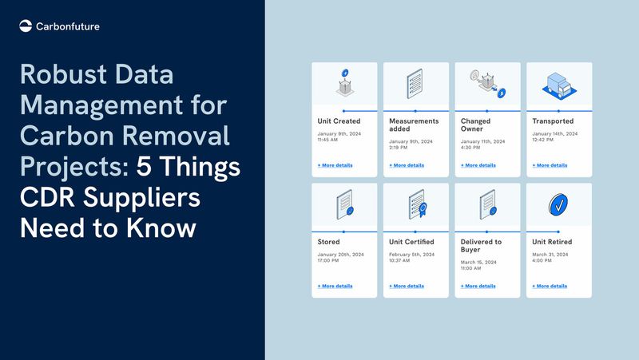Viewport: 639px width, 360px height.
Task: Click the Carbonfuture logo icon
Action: pyautogui.click(x=26, y=26)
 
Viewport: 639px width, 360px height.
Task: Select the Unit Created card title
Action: pyautogui.click(x=339, y=121)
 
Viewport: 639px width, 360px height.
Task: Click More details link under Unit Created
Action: pyautogui.click(x=335, y=165)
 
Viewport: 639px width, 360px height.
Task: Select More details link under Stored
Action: pyautogui.click(x=335, y=286)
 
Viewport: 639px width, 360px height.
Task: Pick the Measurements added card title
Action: pyautogui.click(x=414, y=125)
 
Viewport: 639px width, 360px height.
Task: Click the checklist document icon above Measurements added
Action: pyautogui.click(x=415, y=84)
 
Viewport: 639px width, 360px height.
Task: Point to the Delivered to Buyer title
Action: pyautogui.click(x=481, y=246)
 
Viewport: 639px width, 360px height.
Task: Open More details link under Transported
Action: pyautogui.click(x=550, y=165)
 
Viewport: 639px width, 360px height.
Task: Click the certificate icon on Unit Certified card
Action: pyautogui.click(x=416, y=205)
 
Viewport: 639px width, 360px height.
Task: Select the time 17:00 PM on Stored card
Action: pyautogui.click(x=330, y=259)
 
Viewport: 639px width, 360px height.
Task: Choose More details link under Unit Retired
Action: pyautogui.click(x=550, y=286)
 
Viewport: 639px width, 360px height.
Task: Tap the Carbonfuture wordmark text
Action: pyautogui.click(x=68, y=26)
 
